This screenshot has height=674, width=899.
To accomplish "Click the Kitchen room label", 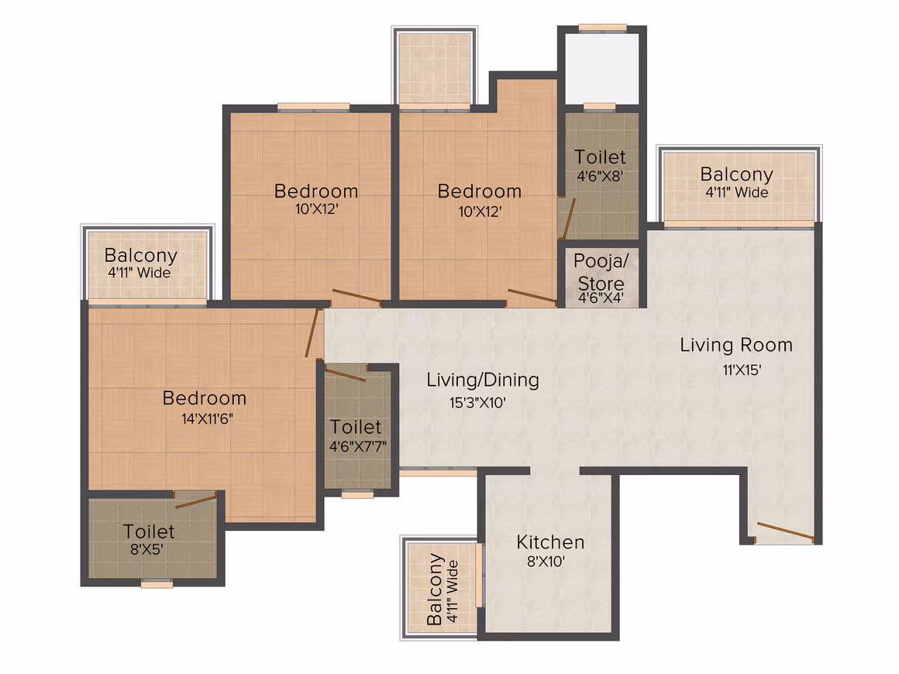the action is (550, 542).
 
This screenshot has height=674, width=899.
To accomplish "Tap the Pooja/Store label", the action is (601, 272).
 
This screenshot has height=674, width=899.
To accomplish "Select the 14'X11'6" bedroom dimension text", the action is (208, 419).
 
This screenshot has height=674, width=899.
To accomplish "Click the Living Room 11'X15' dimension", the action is (742, 370).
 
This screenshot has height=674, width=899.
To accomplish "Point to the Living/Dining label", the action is (483, 380).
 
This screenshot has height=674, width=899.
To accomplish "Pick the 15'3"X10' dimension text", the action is (477, 403).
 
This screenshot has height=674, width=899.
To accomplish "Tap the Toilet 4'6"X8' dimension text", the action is (600, 177).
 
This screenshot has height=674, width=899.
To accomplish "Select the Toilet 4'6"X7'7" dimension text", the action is (358, 446).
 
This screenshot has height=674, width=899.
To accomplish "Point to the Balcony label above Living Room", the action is (737, 174).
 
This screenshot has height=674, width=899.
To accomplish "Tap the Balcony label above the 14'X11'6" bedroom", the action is (141, 256).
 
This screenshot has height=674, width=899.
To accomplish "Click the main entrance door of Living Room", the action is (785, 531).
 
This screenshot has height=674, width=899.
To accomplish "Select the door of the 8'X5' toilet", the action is (195, 500).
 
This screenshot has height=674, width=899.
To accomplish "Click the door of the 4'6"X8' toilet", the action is (568, 218).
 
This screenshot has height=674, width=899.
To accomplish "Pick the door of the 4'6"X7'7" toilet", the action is (345, 373).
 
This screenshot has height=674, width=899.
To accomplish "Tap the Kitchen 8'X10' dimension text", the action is (546, 562).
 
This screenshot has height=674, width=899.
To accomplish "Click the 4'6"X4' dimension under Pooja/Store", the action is (601, 298).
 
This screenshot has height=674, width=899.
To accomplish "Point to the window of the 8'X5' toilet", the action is (157, 584).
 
